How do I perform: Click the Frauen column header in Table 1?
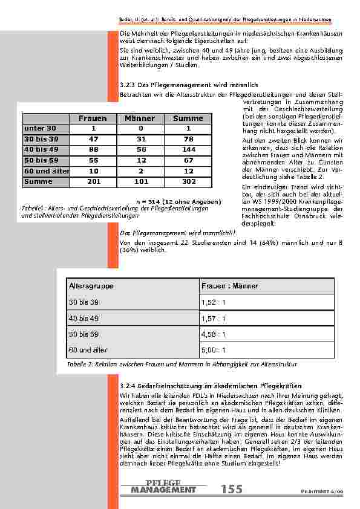point(92,118)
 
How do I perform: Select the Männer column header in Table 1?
point(140,118)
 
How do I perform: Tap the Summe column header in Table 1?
point(188,118)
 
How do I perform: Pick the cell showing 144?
point(188,149)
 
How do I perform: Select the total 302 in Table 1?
point(188,181)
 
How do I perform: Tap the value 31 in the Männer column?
point(140,139)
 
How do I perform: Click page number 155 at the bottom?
point(231,489)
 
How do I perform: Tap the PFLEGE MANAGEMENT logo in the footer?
point(163,486)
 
